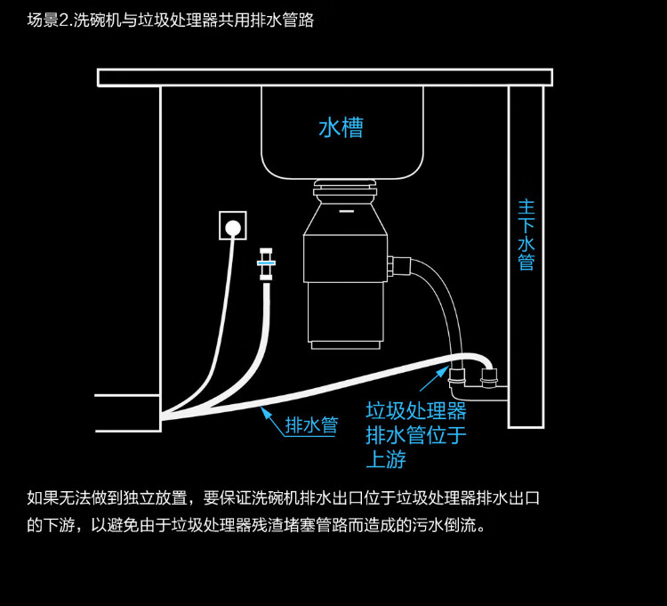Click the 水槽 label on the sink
tap(341, 128)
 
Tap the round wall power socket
tap(233, 227)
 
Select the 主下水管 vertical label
tap(526, 234)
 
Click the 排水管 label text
tap(311, 425)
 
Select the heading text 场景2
tap(49, 20)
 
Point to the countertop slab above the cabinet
tap(325, 77)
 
